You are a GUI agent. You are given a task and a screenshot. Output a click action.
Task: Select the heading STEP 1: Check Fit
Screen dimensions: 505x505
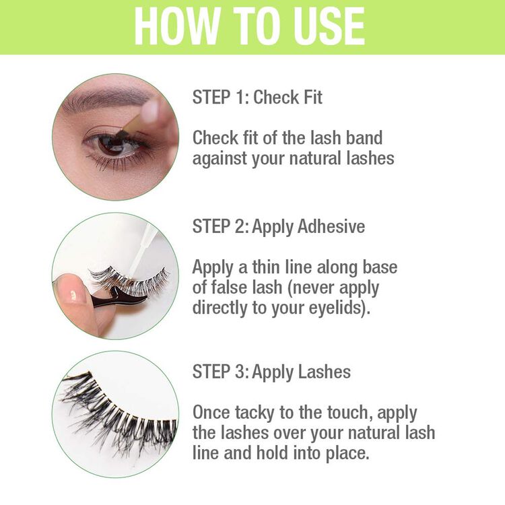point(257,97)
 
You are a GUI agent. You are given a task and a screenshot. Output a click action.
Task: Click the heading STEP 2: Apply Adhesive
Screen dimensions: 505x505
point(278,226)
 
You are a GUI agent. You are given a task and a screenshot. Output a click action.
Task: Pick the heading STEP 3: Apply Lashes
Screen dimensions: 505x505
point(271,372)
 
